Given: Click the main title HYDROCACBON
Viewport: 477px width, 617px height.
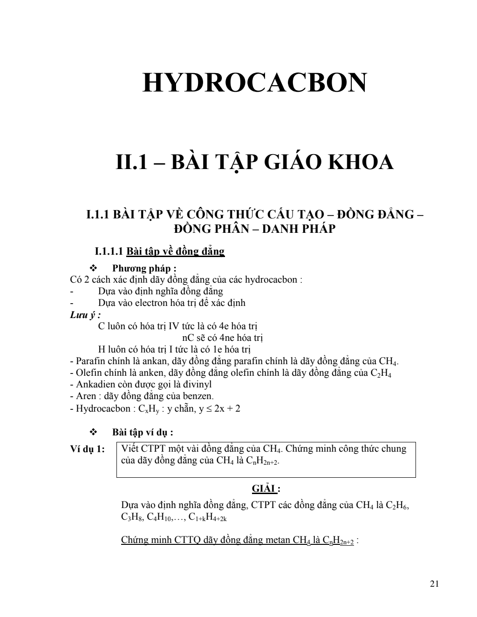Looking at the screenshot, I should [254, 83].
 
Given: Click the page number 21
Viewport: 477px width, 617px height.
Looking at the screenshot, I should [435, 584].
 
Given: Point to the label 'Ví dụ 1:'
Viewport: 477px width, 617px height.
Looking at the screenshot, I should [88, 449].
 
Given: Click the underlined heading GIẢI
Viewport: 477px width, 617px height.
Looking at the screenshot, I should [265, 488].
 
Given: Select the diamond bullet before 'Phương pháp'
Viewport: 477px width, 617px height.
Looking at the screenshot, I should [92, 268].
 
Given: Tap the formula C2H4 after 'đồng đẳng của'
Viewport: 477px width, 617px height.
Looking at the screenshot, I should [381, 373].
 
